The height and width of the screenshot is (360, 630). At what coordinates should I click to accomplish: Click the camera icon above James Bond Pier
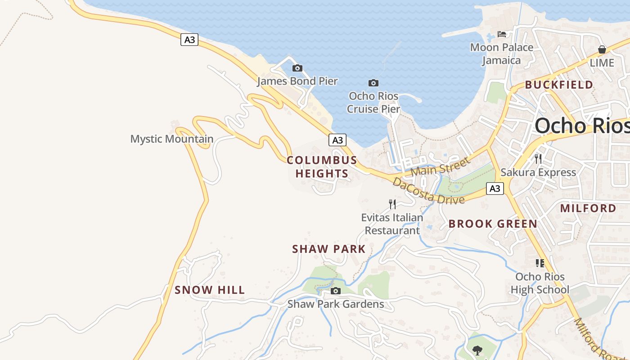[x=297, y=68]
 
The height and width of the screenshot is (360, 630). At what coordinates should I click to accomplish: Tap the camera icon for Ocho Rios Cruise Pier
[x=373, y=83]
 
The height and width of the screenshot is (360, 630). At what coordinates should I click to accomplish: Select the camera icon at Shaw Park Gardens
[x=335, y=291]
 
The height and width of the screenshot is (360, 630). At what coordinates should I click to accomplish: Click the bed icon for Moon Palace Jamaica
[x=502, y=34]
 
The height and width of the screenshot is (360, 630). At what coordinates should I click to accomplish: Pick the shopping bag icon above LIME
[x=602, y=49]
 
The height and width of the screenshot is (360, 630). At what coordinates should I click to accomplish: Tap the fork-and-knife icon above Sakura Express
[x=538, y=158]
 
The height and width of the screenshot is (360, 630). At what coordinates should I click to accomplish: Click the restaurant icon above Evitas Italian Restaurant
[x=392, y=204]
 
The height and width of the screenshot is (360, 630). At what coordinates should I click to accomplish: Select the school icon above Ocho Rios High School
[x=540, y=263]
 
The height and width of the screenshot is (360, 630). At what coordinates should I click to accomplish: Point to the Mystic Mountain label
[x=171, y=139]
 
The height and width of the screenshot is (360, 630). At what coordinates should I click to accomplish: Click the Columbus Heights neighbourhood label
[x=322, y=167]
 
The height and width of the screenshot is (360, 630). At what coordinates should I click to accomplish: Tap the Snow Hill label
[x=210, y=290]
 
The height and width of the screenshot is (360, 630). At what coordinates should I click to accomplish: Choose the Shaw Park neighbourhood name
[x=329, y=249]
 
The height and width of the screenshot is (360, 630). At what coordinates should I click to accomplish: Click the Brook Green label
[x=493, y=224]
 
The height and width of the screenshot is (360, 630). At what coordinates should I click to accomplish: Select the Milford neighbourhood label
[x=588, y=208]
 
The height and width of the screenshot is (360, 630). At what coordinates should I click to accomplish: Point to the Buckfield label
[x=559, y=85]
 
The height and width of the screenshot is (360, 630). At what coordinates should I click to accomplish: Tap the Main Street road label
[x=440, y=165]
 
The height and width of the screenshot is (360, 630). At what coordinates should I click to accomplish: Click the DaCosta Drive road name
[x=428, y=191]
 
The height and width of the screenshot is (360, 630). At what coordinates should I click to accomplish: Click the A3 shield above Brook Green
[x=495, y=189]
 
